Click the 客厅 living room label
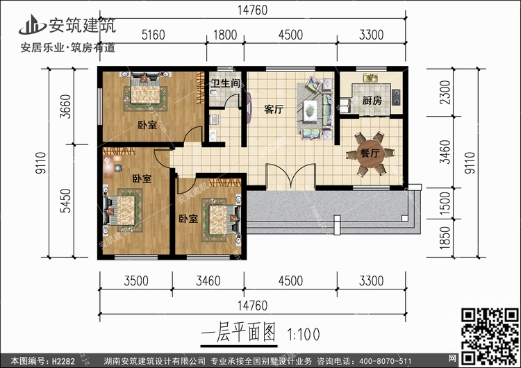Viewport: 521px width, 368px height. pyautogui.click(x=274, y=109)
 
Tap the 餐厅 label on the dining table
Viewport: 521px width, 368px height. pyautogui.click(x=370, y=153)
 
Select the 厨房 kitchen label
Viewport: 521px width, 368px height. pyautogui.click(x=372, y=100)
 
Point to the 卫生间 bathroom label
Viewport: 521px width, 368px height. pyautogui.click(x=225, y=83)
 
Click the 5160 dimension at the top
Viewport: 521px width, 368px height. pyautogui.click(x=154, y=35)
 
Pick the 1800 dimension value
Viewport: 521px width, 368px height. pyautogui.click(x=225, y=35)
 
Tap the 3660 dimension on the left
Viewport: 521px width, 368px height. pyautogui.click(x=66, y=106)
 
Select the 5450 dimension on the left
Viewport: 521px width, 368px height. pyautogui.click(x=66, y=201)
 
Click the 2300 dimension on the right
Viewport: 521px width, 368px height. pyautogui.click(x=445, y=92)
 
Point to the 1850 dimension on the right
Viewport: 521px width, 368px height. pyautogui.click(x=445, y=237)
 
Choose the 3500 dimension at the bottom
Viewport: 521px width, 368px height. pyautogui.click(x=136, y=281)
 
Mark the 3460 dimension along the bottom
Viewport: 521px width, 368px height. pyautogui.click(x=208, y=281)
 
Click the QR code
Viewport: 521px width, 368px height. pyautogui.click(x=490, y=336)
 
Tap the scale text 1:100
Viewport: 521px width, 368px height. pyautogui.click(x=304, y=335)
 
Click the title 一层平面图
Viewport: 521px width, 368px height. pyautogui.click(x=238, y=333)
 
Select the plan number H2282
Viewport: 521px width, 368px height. pyautogui.click(x=63, y=361)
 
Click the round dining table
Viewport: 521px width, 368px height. pyautogui.click(x=370, y=153)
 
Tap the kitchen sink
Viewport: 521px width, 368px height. pyautogui.click(x=370, y=78)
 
